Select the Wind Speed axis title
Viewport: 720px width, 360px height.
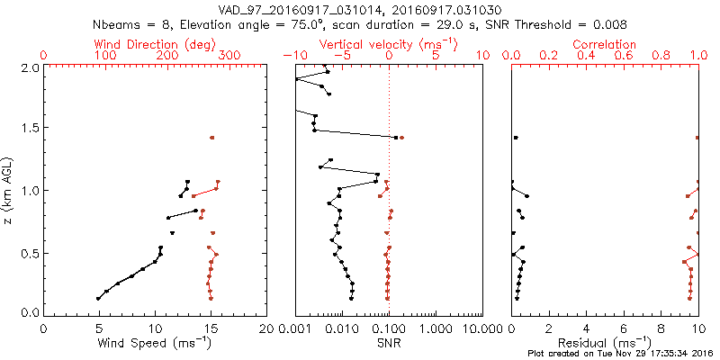tap(156, 342)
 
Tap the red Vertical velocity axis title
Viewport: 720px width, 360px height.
tap(388, 44)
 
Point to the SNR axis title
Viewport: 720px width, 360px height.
tap(388, 342)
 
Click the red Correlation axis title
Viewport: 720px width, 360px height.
tap(606, 44)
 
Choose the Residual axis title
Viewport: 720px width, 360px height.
tap(606, 342)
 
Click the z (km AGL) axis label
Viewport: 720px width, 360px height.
tap(11, 189)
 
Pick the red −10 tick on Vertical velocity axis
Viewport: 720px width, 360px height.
tap(292, 56)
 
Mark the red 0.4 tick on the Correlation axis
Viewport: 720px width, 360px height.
tap(586, 56)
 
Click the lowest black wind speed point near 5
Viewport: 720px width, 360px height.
tap(98, 298)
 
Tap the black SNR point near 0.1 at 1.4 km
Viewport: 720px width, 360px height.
tap(396, 138)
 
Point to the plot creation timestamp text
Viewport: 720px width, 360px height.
tap(620, 353)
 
